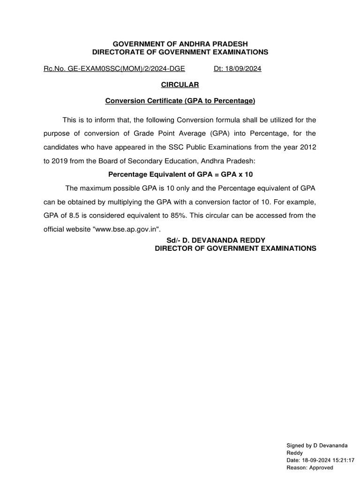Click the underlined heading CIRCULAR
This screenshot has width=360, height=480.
pyautogui.click(x=180, y=84)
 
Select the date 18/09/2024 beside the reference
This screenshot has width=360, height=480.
pyautogui.click(x=244, y=68)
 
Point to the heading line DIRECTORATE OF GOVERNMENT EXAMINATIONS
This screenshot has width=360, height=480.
pyautogui.click(x=180, y=52)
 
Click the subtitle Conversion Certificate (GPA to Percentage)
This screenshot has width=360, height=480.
pyautogui.click(x=180, y=100)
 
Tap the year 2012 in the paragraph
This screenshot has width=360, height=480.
pyautogui.click(x=307, y=147)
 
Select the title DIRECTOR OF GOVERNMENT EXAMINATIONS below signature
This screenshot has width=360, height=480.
pyautogui.click(x=235, y=248)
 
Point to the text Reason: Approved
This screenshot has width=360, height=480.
pyautogui.click(x=309, y=467)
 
